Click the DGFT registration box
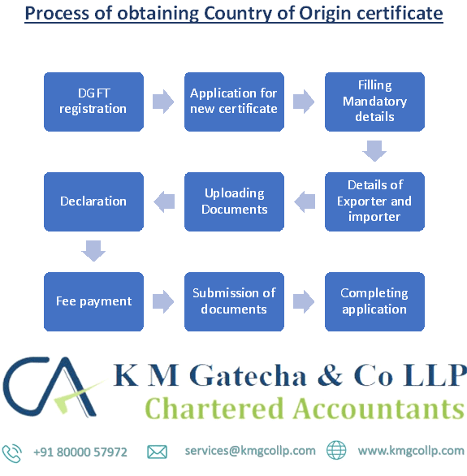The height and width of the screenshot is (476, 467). [x=93, y=102]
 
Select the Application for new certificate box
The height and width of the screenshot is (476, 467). [x=234, y=102]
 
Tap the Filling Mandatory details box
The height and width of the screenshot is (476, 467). [x=374, y=102]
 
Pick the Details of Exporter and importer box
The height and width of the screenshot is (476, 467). [x=374, y=201]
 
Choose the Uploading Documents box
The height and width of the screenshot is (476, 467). [x=234, y=201]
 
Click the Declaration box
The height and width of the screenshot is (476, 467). [x=93, y=201]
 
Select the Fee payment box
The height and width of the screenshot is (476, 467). [x=93, y=301]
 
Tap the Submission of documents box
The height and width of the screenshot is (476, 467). [x=234, y=301]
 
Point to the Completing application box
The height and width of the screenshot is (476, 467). [x=374, y=301]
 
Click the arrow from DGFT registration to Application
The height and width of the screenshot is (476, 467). [x=163, y=102]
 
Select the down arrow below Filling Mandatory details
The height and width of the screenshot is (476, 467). [x=374, y=151]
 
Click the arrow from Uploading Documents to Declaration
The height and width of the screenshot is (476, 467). [x=164, y=201]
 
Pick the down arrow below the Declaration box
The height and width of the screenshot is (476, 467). [x=93, y=251]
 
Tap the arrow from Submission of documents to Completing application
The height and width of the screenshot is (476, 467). [x=304, y=301]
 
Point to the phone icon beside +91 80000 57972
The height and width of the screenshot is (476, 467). [x=12, y=453]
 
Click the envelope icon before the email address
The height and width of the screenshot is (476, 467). [x=158, y=452]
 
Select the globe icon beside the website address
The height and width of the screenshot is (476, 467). [x=336, y=450]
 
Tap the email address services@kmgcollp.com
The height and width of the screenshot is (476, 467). [x=250, y=451]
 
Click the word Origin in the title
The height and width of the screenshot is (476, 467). [x=325, y=13]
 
